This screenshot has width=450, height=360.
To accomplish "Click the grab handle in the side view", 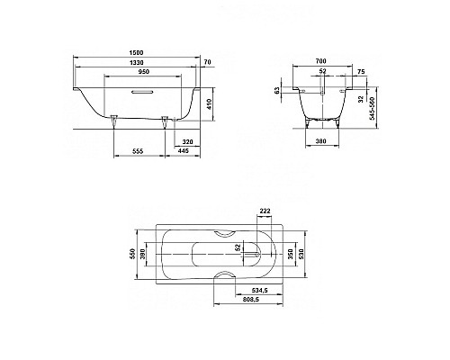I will point(143,91).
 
